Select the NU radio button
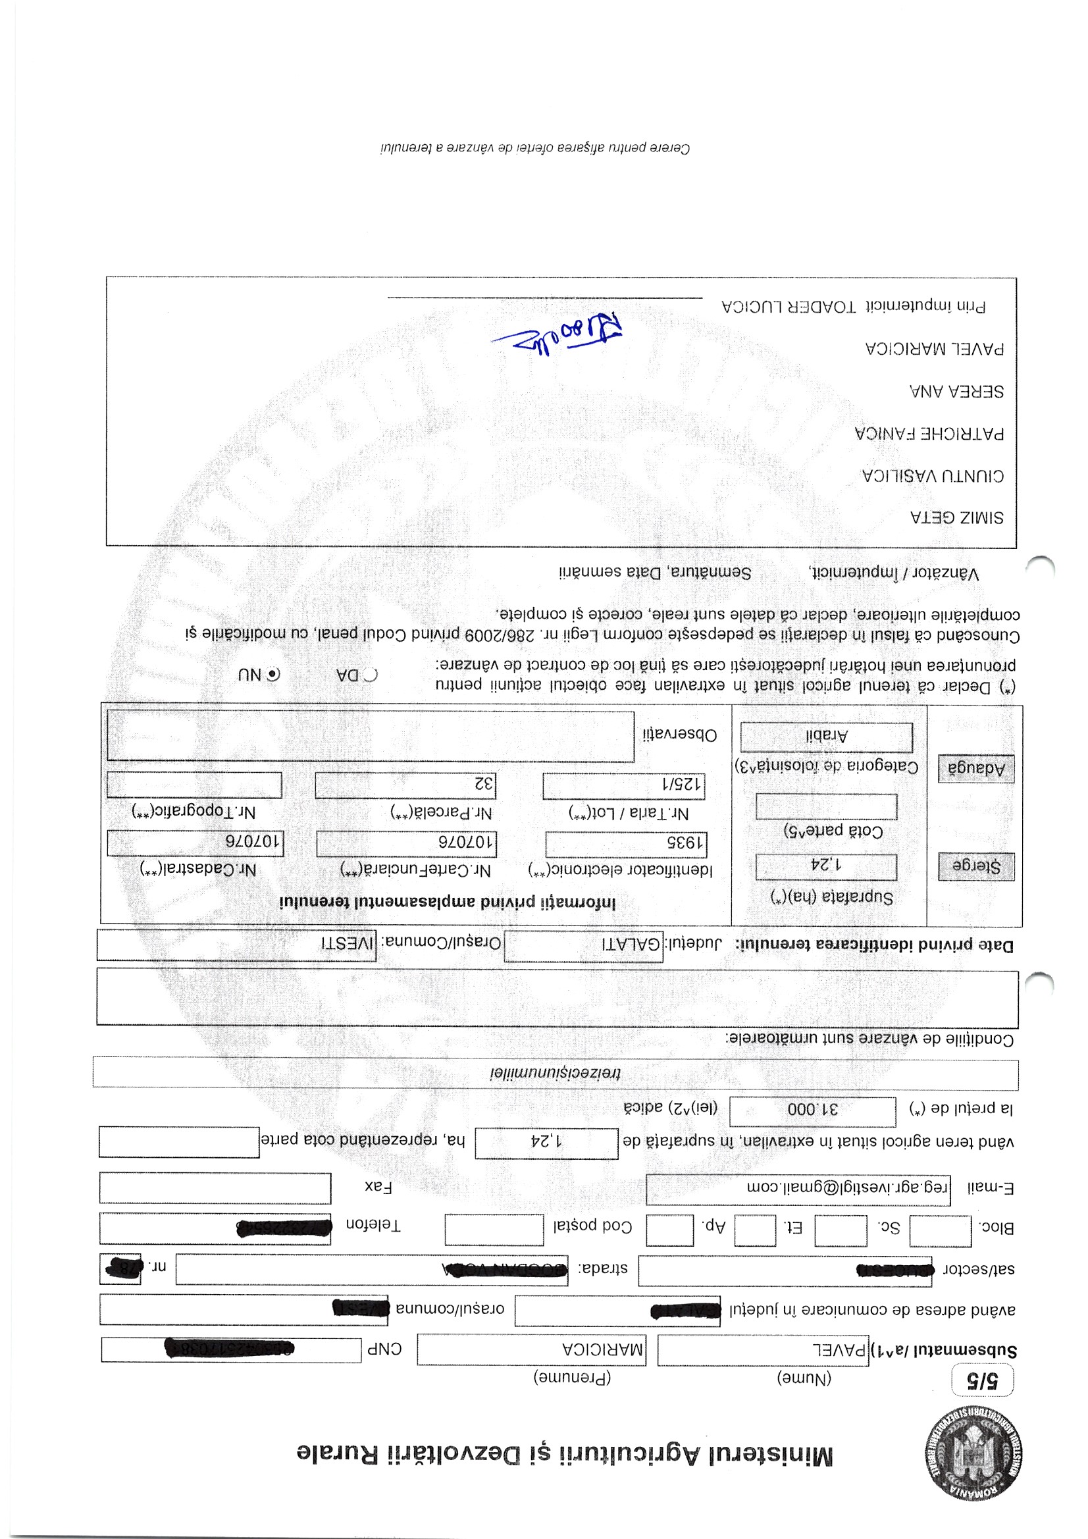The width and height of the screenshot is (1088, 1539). [274, 674]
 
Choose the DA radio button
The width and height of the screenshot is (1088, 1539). [371, 674]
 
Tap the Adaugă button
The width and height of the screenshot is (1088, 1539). [975, 769]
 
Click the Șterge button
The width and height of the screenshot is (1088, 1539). [975, 866]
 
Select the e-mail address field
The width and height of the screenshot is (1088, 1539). [798, 1188]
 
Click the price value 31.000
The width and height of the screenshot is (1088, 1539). [812, 1109]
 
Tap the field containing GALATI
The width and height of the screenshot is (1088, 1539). [583, 945]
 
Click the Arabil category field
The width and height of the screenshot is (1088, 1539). [826, 737]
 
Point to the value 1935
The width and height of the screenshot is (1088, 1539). [626, 844]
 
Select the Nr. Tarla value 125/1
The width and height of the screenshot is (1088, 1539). [623, 785]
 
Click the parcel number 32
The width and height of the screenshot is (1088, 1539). [405, 785]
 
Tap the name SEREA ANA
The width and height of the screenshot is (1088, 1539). [956, 392]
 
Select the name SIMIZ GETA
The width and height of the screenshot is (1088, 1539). [956, 517]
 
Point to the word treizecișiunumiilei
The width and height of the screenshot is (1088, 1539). [555, 1073]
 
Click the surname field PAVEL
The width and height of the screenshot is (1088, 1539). [763, 1349]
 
